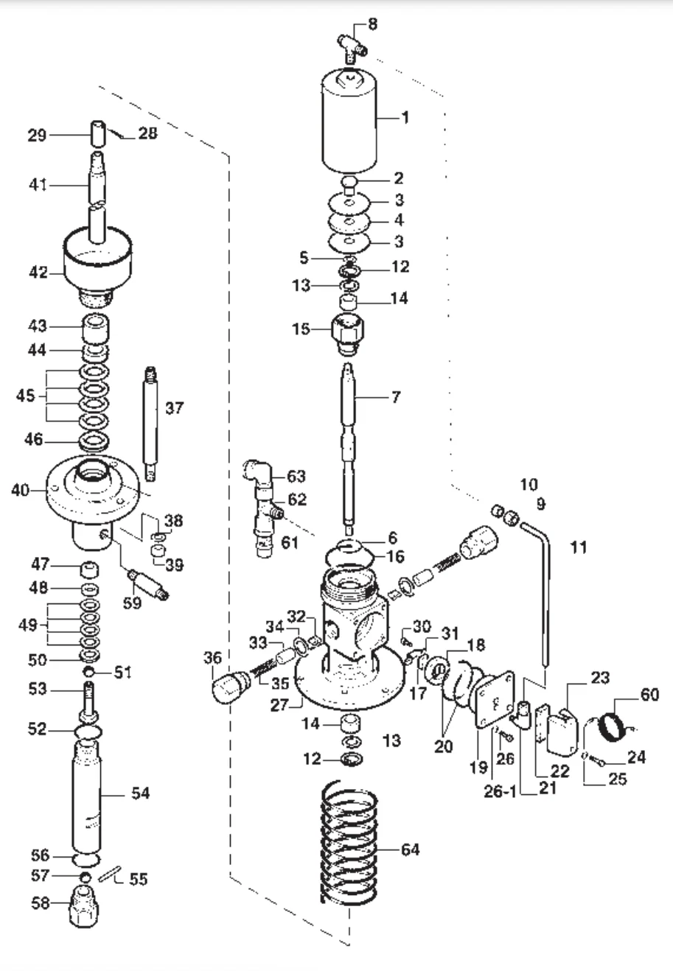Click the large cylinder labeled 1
point(350,122)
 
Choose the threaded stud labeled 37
point(151,420)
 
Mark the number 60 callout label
point(650,695)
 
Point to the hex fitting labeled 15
point(349,331)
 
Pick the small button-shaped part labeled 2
point(350,180)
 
